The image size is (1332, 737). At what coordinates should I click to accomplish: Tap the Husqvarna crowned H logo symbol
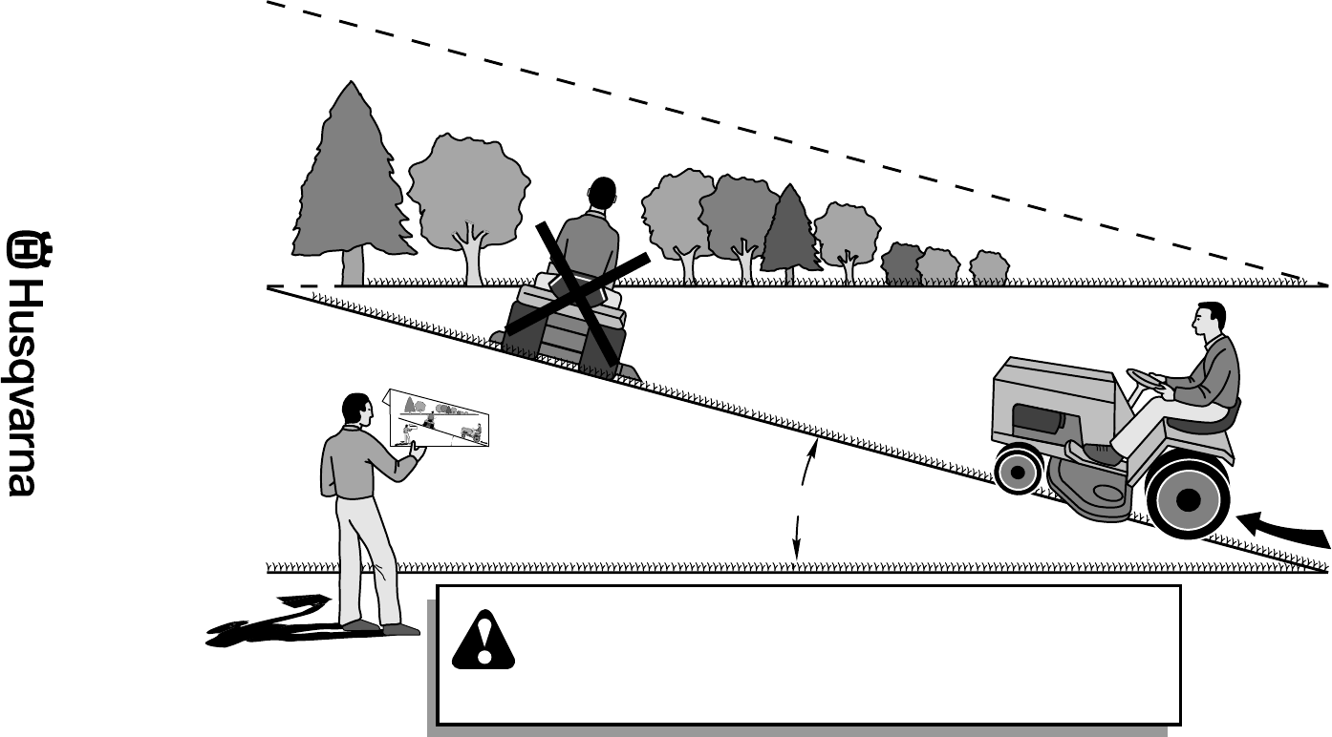pos(23,250)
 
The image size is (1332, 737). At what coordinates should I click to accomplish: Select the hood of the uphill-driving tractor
pos(1051,377)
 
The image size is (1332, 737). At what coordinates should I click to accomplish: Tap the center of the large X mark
pos(577,292)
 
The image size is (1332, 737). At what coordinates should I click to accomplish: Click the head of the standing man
pos(355,411)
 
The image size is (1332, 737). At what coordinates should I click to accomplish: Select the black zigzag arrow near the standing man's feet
pos(272,622)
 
